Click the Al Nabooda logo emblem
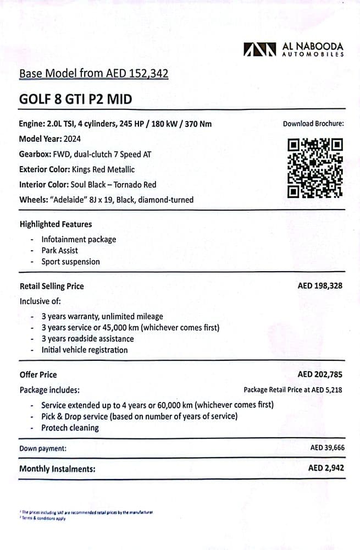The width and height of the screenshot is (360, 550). [259, 50]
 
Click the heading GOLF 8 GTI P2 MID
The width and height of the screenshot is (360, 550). [75, 99]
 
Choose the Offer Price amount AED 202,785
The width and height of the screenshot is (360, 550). [321, 375]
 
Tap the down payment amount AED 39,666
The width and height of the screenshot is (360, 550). [328, 448]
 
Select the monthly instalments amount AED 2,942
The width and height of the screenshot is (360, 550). [326, 469]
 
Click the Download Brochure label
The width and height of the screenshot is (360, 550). [313, 124]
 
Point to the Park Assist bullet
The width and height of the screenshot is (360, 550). [60, 250]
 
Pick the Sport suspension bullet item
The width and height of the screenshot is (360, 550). [70, 262]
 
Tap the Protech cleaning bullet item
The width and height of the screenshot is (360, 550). [70, 428]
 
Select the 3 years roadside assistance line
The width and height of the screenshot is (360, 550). [87, 339]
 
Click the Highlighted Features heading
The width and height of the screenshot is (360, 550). [56, 224]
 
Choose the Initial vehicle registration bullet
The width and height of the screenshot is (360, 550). [84, 350]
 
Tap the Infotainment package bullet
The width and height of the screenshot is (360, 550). [79, 239]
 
